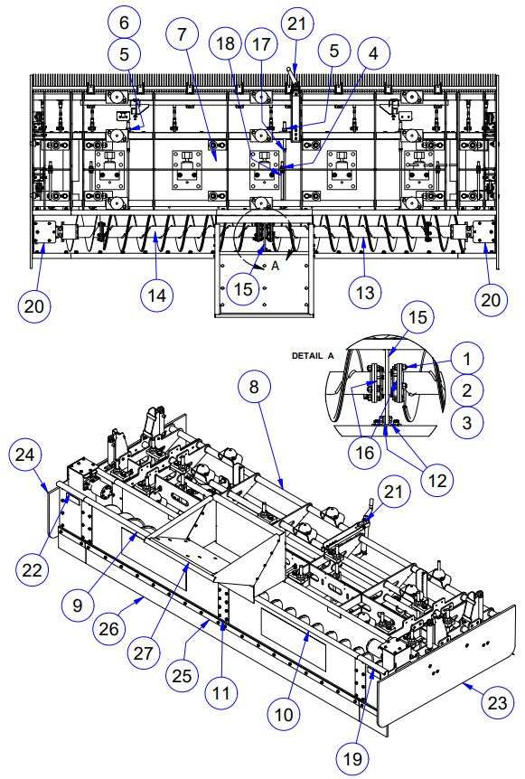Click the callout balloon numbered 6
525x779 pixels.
(x=124, y=20)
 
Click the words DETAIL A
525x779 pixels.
(x=313, y=356)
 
